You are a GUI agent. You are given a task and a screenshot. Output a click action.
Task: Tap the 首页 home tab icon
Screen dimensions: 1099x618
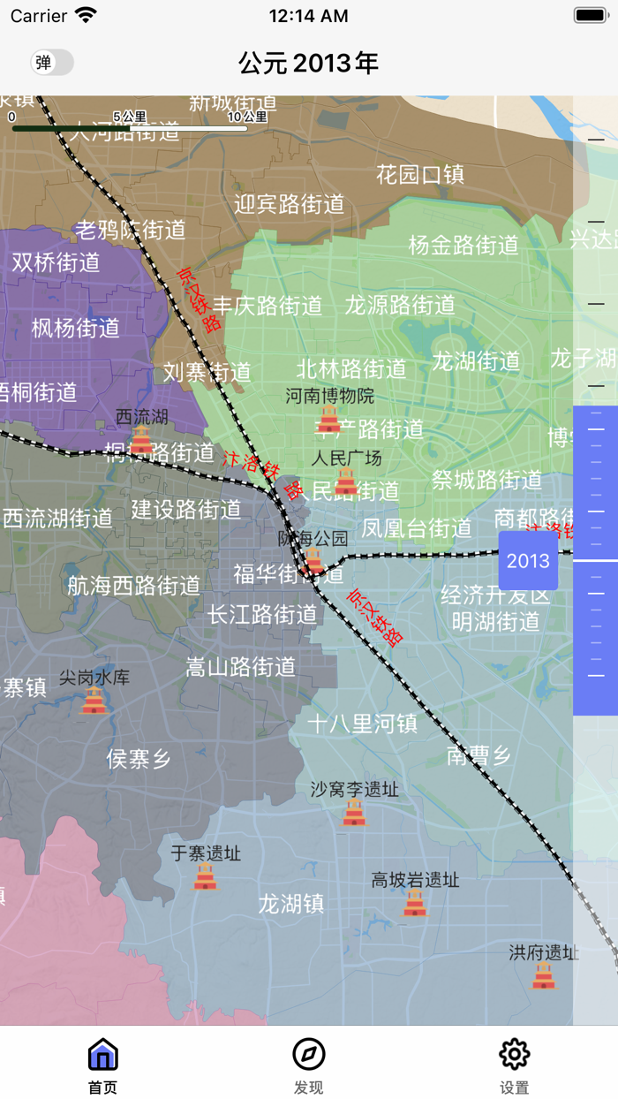pyautogui.click(x=103, y=1055)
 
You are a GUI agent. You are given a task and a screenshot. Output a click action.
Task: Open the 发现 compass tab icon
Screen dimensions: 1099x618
pyautogui.click(x=309, y=1054)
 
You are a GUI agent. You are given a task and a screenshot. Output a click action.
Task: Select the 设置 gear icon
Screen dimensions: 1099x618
pyautogui.click(x=514, y=1054)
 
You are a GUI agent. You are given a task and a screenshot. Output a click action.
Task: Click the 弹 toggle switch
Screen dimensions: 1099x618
pyautogui.click(x=52, y=63)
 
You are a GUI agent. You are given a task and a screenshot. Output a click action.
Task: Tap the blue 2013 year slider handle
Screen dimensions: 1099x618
pyautogui.click(x=528, y=561)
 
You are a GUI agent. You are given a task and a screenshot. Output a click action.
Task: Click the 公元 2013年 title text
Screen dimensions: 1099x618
pyautogui.click(x=309, y=63)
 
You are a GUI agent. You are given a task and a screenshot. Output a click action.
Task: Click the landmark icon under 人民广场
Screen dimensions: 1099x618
pyautogui.click(x=346, y=481)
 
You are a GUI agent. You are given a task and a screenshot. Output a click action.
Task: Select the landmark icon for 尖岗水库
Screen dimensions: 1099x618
pyautogui.click(x=94, y=700)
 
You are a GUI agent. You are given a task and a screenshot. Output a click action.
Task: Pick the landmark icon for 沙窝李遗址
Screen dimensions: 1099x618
pyautogui.click(x=354, y=812)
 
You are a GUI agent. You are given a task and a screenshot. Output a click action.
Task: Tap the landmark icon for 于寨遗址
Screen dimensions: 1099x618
pyautogui.click(x=206, y=875)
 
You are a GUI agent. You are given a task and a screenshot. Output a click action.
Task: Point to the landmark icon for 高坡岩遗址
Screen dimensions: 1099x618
pyautogui.click(x=415, y=902)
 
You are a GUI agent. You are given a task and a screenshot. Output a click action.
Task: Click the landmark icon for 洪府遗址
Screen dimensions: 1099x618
pyautogui.click(x=544, y=975)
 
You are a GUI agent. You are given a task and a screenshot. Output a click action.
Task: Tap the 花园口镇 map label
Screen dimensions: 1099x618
pyautogui.click(x=420, y=174)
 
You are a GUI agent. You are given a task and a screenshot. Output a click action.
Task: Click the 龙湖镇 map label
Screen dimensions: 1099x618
pyautogui.click(x=291, y=904)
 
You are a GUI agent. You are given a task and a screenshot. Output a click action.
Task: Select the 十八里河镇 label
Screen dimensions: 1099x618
pyautogui.click(x=362, y=724)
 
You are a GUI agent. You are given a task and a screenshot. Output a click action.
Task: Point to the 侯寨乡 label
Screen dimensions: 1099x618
pyautogui.click(x=139, y=759)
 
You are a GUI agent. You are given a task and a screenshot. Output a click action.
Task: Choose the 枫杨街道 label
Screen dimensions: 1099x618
pyautogui.click(x=76, y=329)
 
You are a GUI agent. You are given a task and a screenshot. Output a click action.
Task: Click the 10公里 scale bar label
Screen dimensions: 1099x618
pyautogui.click(x=247, y=117)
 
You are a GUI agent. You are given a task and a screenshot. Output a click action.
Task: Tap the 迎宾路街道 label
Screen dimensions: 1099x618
pyautogui.click(x=290, y=205)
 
